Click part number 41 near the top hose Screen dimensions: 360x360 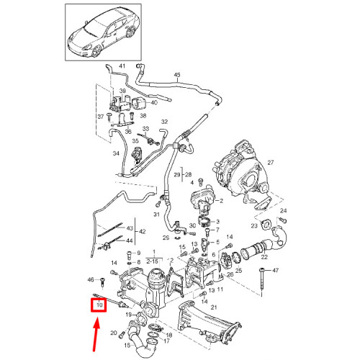point(122,66)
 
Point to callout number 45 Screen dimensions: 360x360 point(177,75)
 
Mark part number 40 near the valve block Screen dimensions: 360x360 point(153,103)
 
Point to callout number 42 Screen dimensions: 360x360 point(142,231)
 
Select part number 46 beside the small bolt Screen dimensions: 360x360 point(90,279)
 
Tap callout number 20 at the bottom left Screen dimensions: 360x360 point(113,333)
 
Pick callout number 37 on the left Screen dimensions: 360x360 point(101,116)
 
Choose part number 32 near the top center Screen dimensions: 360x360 point(163,122)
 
